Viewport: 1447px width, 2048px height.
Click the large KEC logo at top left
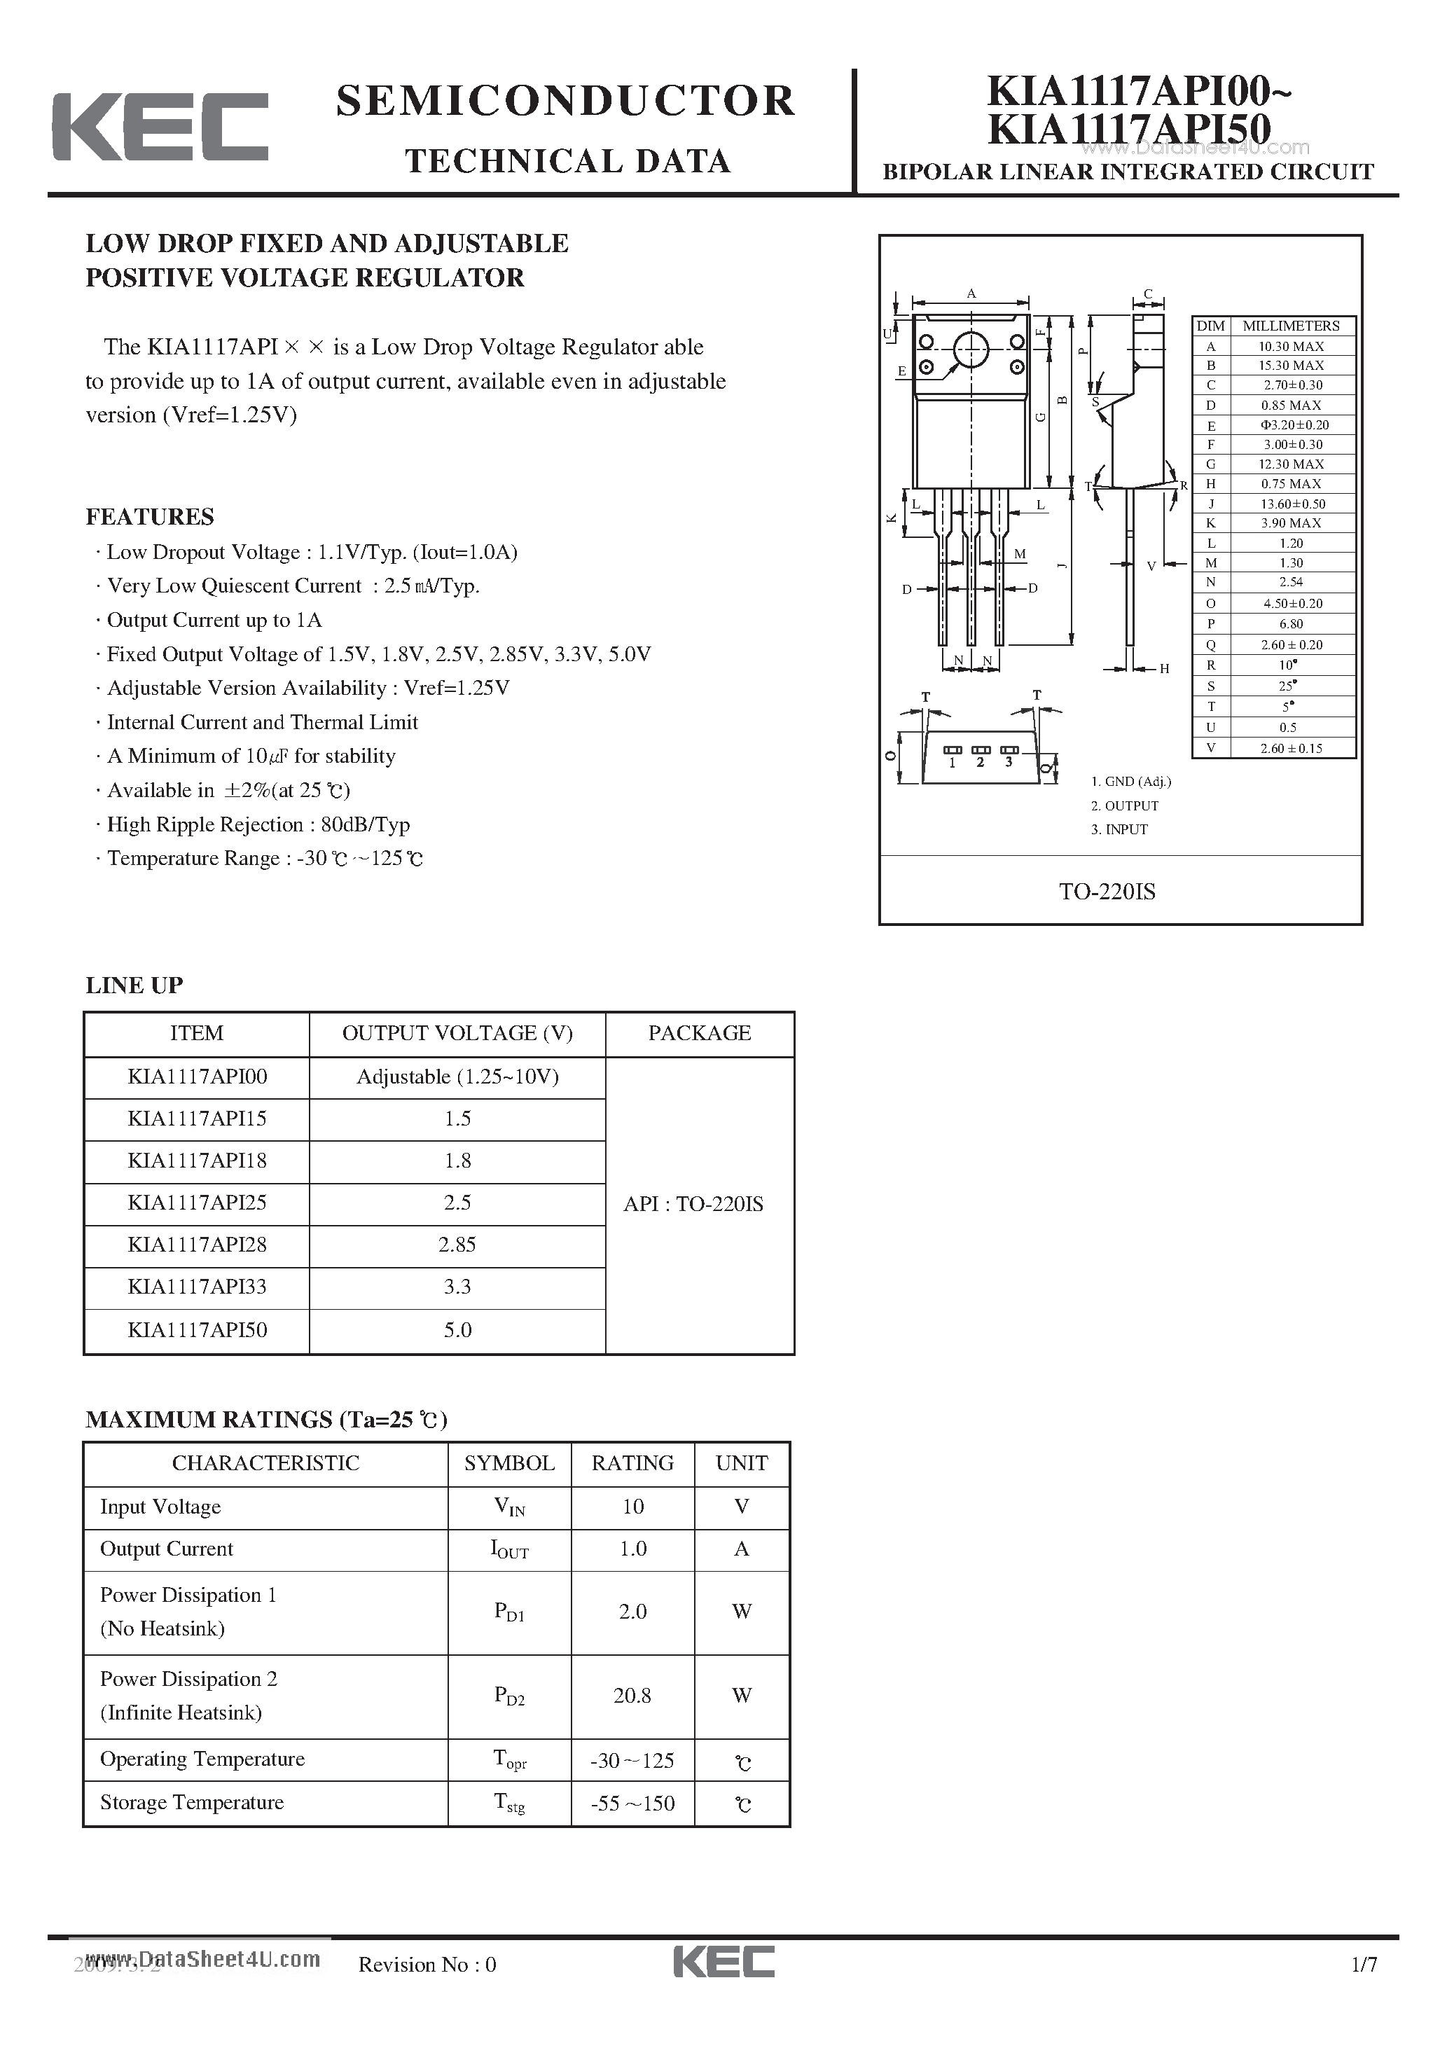click(x=160, y=127)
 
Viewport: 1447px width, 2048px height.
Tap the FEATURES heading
click(x=150, y=516)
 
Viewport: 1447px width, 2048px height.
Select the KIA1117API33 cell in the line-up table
click(x=197, y=1286)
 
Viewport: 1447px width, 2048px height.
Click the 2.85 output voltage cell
click(x=457, y=1245)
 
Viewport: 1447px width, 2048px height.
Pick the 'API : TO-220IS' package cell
click(x=693, y=1204)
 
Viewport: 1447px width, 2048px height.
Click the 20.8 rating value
click(x=632, y=1696)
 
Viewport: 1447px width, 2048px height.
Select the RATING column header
click(x=632, y=1463)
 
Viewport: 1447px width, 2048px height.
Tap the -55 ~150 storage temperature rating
click(x=632, y=1804)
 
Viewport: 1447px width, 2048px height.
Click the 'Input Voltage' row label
click(x=160, y=1507)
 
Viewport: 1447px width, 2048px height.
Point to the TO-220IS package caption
click(x=1107, y=891)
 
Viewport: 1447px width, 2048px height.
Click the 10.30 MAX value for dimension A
click(x=1291, y=346)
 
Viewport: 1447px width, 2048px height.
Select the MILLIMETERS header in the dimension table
click(x=1291, y=326)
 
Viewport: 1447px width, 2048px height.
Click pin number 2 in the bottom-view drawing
click(x=980, y=762)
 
